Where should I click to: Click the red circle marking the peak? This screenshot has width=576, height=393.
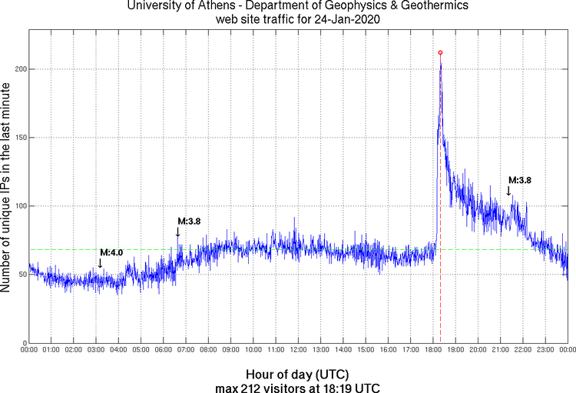point(440,52)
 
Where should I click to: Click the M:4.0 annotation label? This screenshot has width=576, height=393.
point(111,252)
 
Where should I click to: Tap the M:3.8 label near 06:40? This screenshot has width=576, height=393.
point(189,221)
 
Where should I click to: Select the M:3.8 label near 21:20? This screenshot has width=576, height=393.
point(519,180)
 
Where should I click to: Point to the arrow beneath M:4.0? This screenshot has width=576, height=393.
point(100,263)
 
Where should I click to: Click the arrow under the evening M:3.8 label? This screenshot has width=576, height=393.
point(508,191)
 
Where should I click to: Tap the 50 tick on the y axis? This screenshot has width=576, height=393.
point(20,275)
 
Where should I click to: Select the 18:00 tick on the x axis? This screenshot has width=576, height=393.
point(433,350)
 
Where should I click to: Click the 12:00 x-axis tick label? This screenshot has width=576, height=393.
point(299,350)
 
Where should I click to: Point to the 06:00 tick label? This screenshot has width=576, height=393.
point(164,350)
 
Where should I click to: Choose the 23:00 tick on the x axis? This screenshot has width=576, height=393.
point(545,350)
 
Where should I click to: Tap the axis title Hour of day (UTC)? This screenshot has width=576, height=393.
point(298,374)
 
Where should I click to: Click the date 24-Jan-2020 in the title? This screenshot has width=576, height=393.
point(344,19)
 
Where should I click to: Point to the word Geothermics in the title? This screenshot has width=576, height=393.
point(410,7)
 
